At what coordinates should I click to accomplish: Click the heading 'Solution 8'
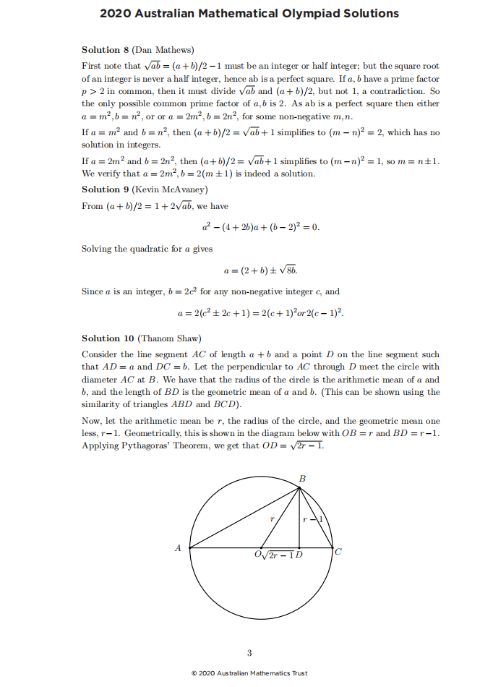[x=105, y=50]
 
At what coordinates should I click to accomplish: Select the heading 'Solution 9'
[x=105, y=189]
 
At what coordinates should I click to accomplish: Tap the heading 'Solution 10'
[x=107, y=338]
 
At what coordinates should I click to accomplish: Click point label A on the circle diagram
[x=178, y=548]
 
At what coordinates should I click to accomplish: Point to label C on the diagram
[x=338, y=552]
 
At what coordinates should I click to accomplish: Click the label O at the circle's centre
[x=259, y=555]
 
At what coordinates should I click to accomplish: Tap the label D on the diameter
[x=299, y=555]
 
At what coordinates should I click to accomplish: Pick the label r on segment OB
[x=273, y=519]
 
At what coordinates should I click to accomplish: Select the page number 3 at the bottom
[x=249, y=654]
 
